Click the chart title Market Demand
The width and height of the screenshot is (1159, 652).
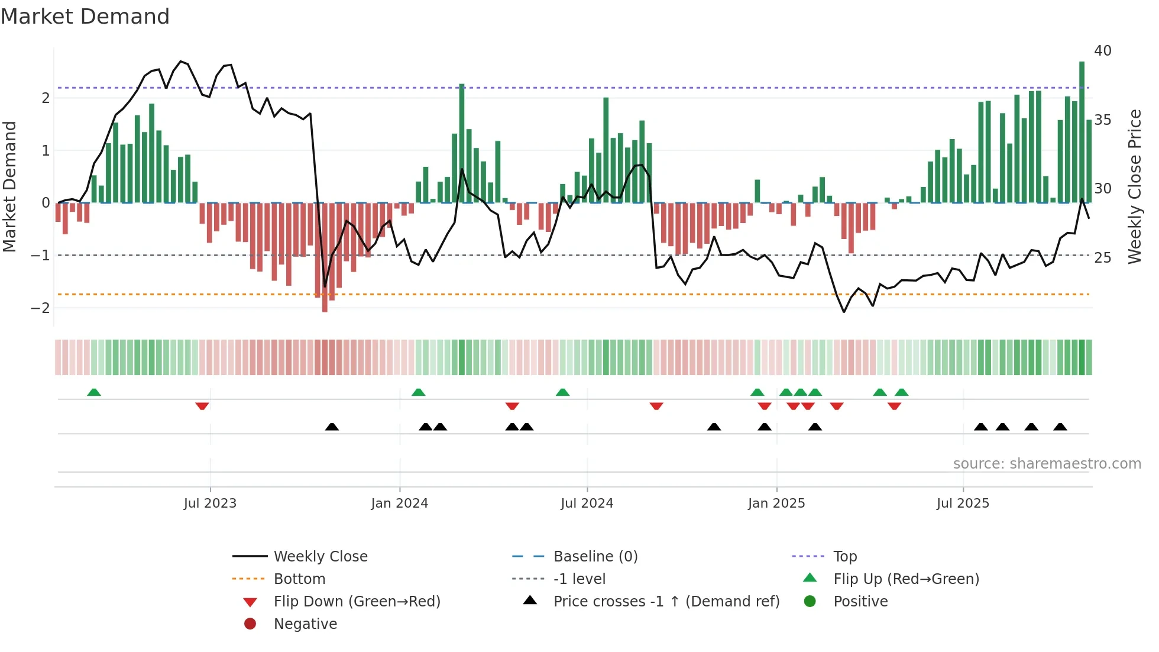pos(85,17)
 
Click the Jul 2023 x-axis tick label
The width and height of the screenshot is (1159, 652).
pos(210,503)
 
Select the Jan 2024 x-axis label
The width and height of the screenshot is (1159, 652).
pos(399,503)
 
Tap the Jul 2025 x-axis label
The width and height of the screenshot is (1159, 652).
pos(963,503)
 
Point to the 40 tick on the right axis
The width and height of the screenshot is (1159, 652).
pos(1102,51)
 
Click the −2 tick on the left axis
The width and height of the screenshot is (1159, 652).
pos(40,308)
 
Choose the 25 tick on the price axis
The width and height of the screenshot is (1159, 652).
pos(1102,257)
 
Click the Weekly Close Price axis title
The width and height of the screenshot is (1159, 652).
pos(1134,186)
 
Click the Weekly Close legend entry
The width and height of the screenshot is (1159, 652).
pos(320,557)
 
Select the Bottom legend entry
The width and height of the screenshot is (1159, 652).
pos(299,579)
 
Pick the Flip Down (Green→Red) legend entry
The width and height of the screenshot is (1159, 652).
pos(357,602)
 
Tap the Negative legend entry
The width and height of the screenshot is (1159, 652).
pos(305,624)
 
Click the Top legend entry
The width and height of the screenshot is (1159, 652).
pos(844,557)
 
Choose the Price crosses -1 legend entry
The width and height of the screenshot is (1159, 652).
pos(666,602)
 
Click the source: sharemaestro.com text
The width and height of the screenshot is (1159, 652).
pos(1047,464)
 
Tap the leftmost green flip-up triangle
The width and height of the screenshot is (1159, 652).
pos(94,392)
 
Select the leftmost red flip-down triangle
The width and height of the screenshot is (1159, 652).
pos(202,406)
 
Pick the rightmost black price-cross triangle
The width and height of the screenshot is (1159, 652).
pos(1060,427)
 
